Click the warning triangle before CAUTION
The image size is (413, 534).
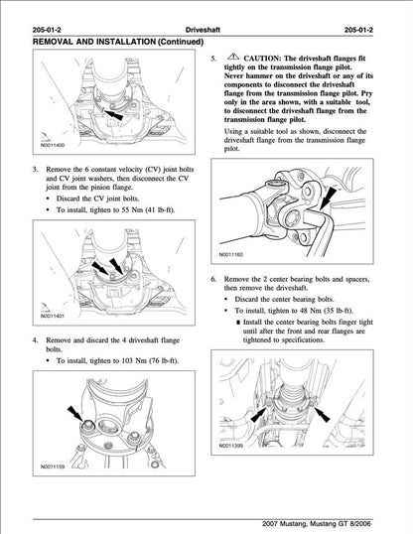coord(230,60)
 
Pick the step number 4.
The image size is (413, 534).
coord(36,340)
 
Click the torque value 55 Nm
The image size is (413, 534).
coord(126,209)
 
